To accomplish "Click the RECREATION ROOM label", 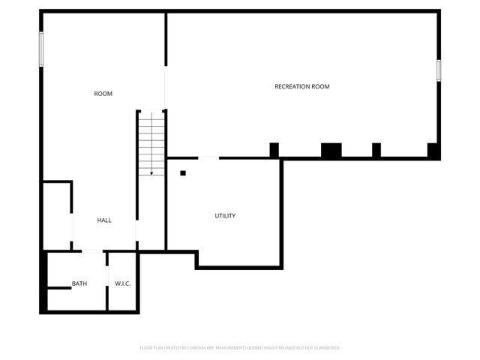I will [301, 87].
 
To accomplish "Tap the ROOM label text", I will [103, 94].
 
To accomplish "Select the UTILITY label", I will [225, 216].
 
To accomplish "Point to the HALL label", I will [104, 220].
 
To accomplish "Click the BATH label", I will [79, 283].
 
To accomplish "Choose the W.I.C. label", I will [123, 283].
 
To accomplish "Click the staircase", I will [151, 142].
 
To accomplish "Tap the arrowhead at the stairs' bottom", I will [151, 173].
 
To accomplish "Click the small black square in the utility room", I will [183, 173].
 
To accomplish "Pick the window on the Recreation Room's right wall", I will [439, 70].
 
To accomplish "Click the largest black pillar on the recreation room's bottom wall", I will [331, 150].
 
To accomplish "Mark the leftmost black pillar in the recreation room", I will [274, 150].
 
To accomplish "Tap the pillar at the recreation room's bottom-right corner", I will [433, 150].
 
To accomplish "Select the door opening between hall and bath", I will [91, 250].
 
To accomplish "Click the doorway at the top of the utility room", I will [208, 157].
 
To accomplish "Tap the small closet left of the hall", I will [57, 215].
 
